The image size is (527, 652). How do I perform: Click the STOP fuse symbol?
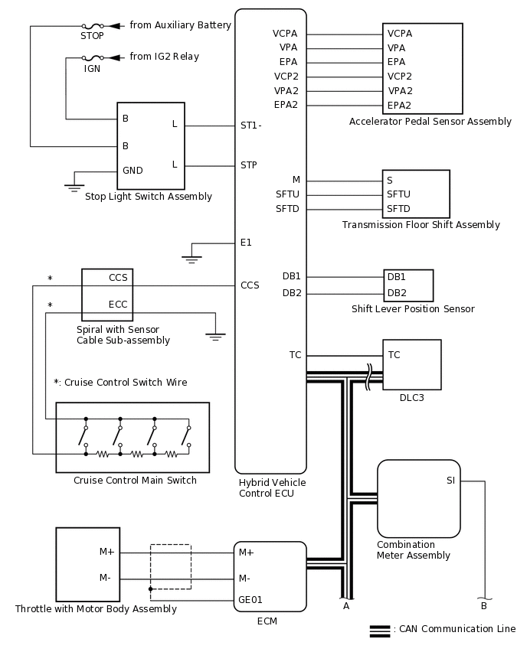click(x=92, y=26)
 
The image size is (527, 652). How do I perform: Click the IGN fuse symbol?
click(x=92, y=57)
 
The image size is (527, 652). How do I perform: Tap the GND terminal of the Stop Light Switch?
click(x=133, y=171)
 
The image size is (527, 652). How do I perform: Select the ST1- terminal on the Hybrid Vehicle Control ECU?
click(x=251, y=126)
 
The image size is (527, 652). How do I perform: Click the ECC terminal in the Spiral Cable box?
click(x=118, y=304)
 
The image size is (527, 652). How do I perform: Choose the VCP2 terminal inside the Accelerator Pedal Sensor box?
click(x=400, y=77)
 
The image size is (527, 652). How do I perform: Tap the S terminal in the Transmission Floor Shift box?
click(x=390, y=181)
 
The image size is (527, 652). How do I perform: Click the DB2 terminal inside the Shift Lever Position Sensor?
click(x=397, y=292)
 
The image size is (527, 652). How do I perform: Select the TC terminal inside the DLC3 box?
click(x=394, y=355)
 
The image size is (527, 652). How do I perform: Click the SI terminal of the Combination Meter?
click(x=450, y=481)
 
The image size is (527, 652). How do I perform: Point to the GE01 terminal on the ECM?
click(x=250, y=601)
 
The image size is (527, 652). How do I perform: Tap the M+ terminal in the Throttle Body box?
click(x=106, y=552)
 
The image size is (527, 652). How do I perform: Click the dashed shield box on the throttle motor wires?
click(x=171, y=566)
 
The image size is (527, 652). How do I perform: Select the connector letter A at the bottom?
click(x=346, y=606)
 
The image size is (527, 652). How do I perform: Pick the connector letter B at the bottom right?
click(x=483, y=606)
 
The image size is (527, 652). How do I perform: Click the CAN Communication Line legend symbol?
click(x=380, y=631)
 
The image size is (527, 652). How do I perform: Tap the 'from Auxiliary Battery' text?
click(x=180, y=25)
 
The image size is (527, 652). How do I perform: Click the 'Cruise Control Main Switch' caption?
click(x=135, y=481)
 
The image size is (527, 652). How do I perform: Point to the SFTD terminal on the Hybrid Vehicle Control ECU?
click(x=288, y=209)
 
